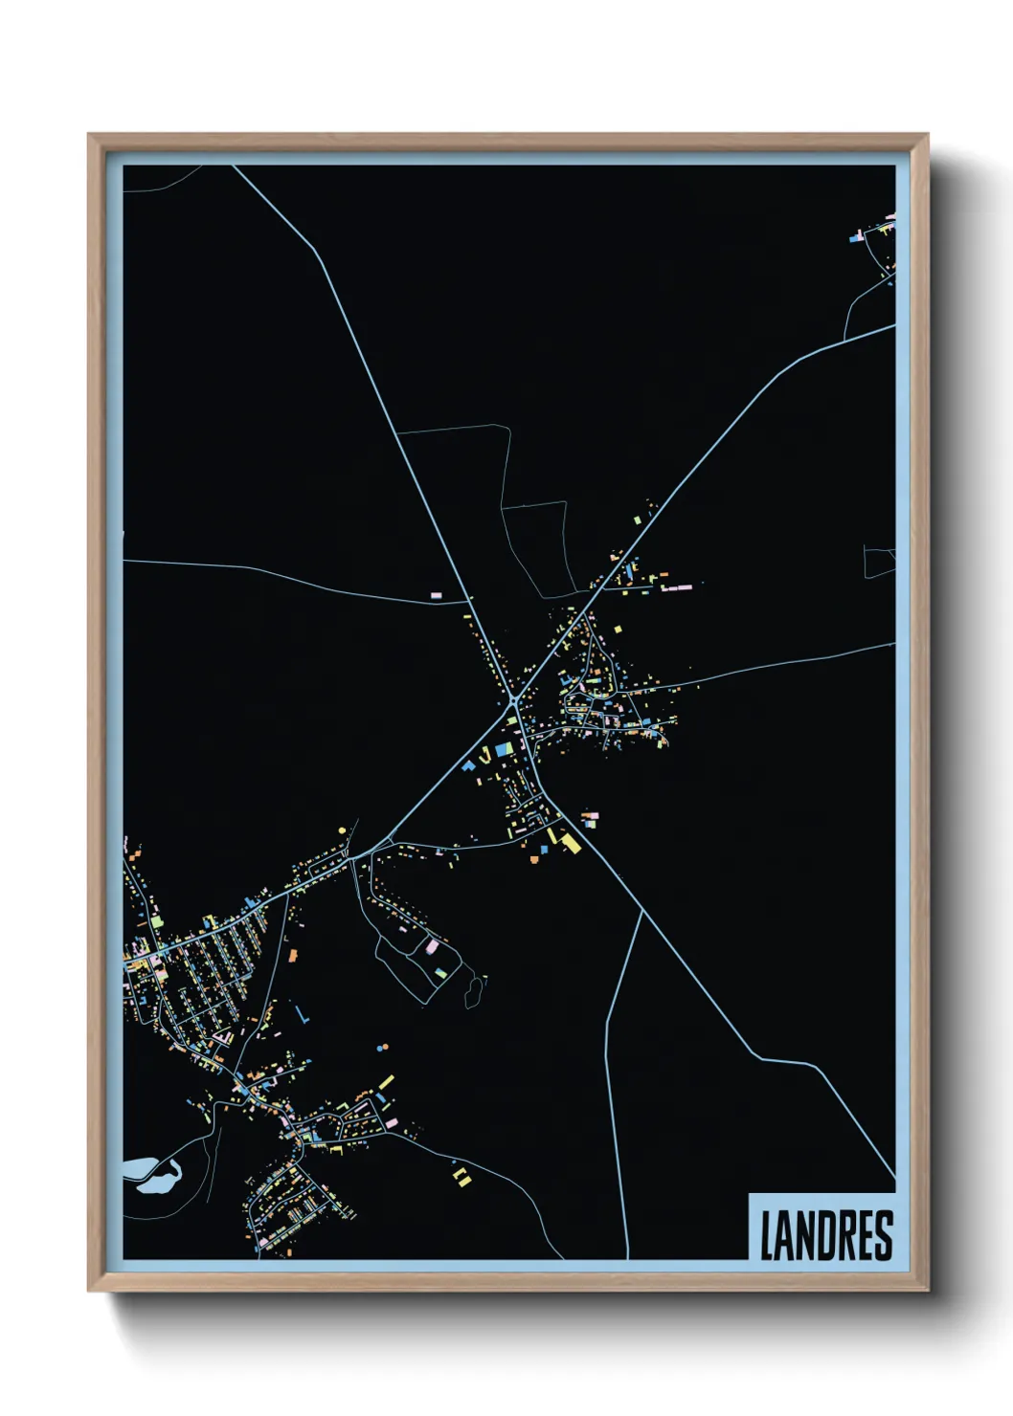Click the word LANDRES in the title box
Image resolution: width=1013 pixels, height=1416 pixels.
coord(826,1235)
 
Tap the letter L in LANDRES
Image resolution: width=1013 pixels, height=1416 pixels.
coord(768,1235)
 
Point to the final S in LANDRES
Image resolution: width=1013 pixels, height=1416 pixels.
coord(884,1235)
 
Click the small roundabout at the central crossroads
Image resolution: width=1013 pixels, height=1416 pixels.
coord(514,703)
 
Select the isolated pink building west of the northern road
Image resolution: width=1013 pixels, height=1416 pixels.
coord(437,595)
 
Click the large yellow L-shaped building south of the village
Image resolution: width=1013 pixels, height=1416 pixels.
coord(571,842)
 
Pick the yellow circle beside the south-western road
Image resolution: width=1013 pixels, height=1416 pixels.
coord(342,830)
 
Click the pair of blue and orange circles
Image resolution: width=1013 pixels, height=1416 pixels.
coord(383,1048)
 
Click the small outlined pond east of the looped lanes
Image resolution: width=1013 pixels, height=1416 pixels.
coord(472,992)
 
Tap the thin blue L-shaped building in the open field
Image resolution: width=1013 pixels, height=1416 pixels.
coord(302,1014)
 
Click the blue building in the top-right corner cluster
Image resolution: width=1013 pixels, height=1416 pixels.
coord(856,237)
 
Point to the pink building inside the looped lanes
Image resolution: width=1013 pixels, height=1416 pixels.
coord(431,946)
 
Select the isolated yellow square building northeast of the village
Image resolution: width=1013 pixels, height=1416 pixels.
coord(618,630)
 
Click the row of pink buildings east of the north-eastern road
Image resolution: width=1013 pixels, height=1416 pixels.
coord(677,585)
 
